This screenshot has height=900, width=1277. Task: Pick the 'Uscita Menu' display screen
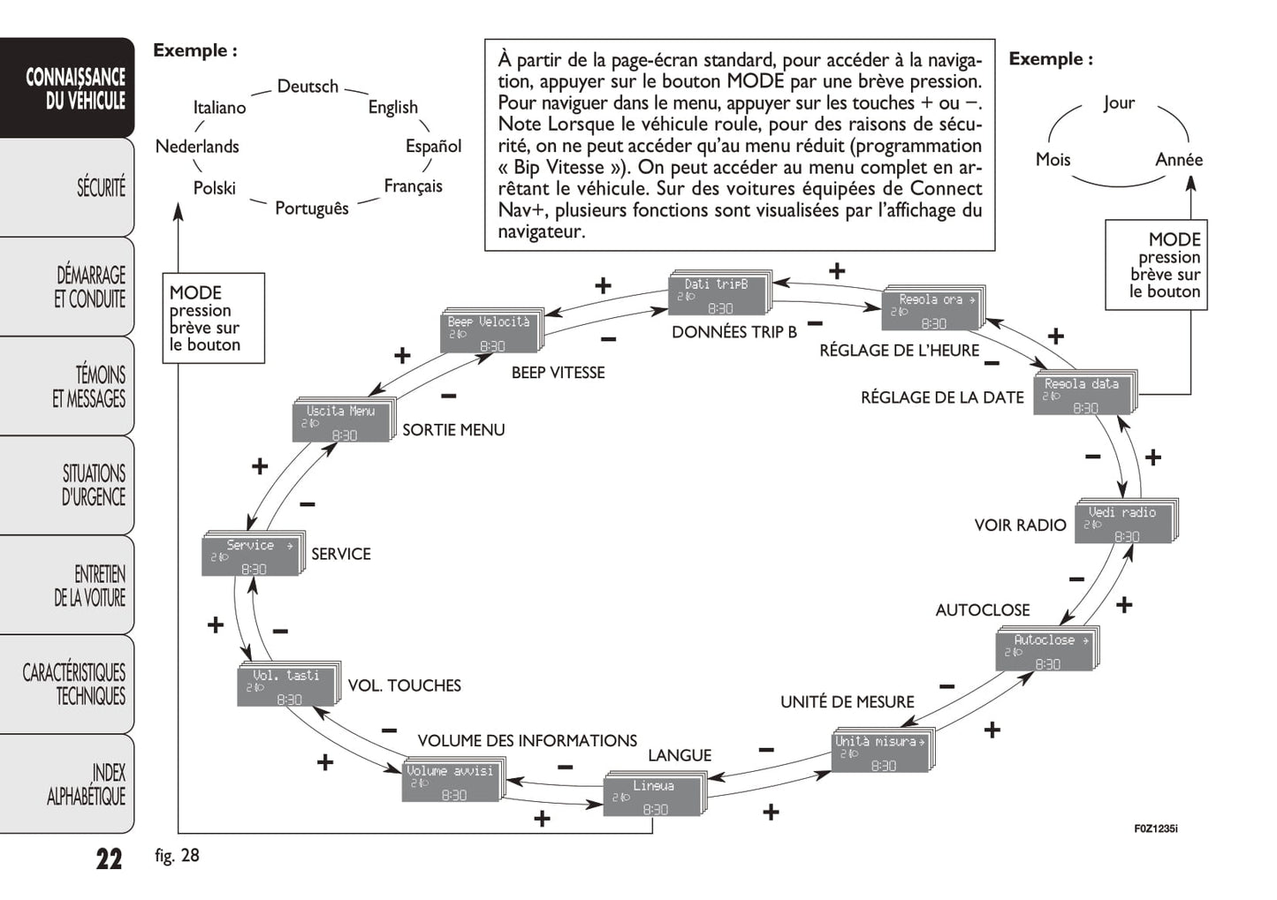341,422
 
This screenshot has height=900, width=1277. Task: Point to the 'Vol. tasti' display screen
286,686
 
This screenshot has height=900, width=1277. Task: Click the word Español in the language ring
433,147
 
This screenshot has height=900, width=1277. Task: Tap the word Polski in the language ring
215,188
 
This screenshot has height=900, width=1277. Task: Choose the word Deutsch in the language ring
308,87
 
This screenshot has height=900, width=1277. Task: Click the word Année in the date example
1179,160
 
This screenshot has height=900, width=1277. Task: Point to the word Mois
1053,160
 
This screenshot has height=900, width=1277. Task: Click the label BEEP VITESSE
558,373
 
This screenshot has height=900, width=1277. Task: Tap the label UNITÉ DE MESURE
847,702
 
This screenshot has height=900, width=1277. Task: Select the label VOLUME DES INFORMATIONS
527,741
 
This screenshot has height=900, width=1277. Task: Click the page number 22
109,858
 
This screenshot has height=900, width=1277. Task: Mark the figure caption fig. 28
177,856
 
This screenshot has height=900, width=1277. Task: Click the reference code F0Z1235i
1155,828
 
